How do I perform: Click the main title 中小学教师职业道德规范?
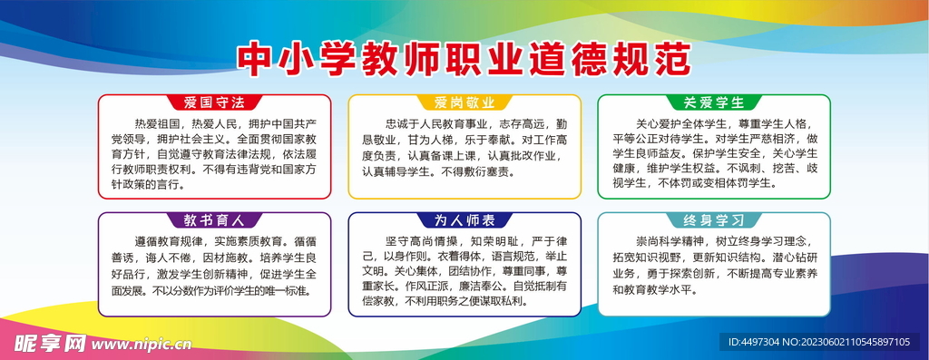pyautogui.click(x=464, y=59)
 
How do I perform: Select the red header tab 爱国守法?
pyautogui.click(x=215, y=102)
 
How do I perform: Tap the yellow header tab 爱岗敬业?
pyautogui.click(x=464, y=102)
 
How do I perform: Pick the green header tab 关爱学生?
pyautogui.click(x=713, y=102)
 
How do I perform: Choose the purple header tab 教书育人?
pyautogui.click(x=215, y=219)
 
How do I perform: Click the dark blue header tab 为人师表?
pyautogui.click(x=464, y=219)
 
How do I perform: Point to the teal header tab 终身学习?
pyautogui.click(x=713, y=219)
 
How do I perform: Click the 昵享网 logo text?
pyautogui.click(x=47, y=345)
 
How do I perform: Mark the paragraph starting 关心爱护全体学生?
pyautogui.click(x=713, y=154)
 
